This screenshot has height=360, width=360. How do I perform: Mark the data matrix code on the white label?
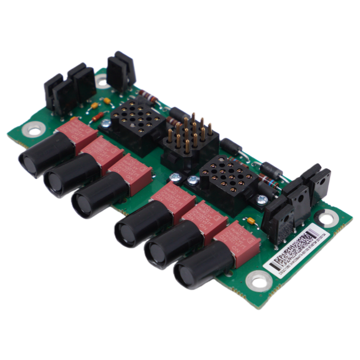coord(297,245)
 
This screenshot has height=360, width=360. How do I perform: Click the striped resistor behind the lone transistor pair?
coord(148,96)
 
